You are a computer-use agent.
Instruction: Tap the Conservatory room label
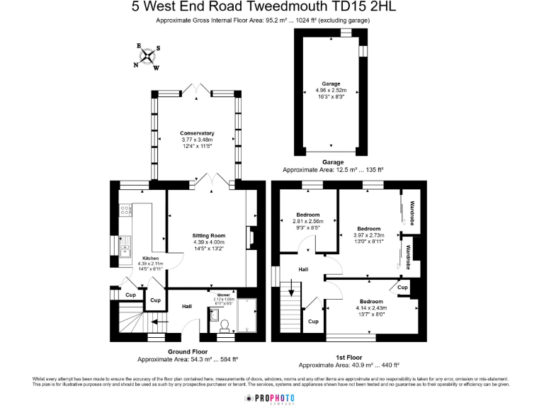tap(197, 133)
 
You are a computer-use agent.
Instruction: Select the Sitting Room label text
tap(208, 235)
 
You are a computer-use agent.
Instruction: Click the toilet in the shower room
tap(224, 324)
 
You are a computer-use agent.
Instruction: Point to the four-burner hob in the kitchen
tap(126, 210)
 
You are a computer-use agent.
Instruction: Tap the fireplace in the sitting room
tap(250, 237)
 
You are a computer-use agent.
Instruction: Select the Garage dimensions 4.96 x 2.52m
tap(330, 91)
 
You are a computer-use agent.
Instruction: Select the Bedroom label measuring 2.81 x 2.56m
tap(307, 215)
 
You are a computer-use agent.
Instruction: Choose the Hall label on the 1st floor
tap(303, 270)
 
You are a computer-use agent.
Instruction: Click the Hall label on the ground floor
tap(187, 306)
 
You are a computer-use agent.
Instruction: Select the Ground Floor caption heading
tap(188, 351)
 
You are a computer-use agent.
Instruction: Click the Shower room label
tap(224, 294)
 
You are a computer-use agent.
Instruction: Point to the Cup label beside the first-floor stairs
tap(314, 321)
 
